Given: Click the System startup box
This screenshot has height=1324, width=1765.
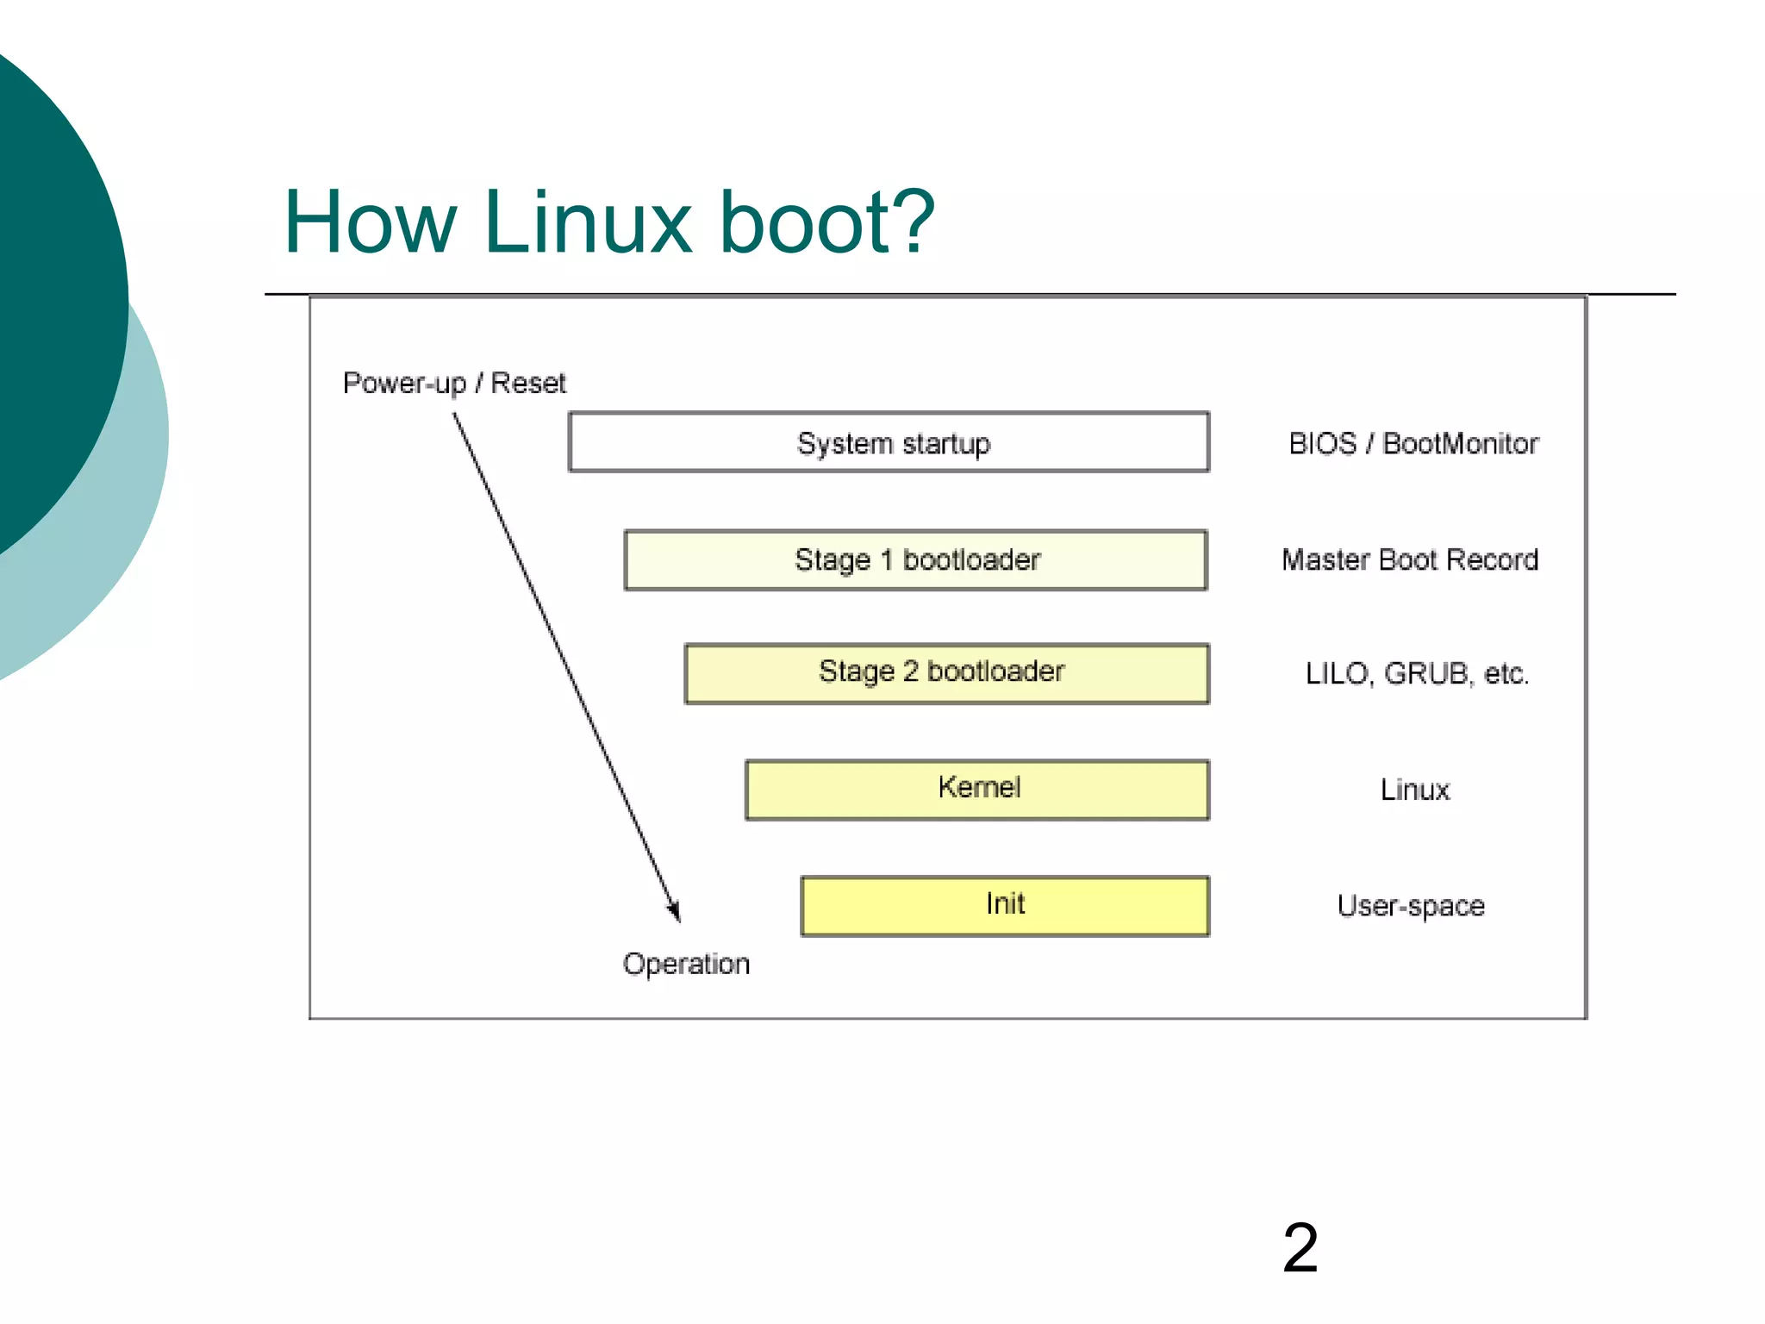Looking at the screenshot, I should point(889,442).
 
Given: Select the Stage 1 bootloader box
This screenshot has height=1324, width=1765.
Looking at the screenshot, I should point(915,560).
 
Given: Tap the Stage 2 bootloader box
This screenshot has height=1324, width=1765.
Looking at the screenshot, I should point(946,673).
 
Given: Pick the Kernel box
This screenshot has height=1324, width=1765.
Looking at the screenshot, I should point(976,789).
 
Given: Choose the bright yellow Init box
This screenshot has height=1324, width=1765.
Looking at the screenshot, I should point(1004,905).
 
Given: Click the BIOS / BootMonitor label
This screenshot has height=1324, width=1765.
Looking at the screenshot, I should point(1413,443).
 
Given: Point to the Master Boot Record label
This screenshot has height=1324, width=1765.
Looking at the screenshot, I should point(1409,559).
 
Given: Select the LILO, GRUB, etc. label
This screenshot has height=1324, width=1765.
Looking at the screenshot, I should point(1416,673).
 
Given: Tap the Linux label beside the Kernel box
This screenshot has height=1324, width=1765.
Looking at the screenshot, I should point(1414,790).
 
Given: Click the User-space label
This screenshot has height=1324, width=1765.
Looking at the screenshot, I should point(1411,906).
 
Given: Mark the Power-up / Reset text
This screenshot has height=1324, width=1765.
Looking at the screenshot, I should point(454,383).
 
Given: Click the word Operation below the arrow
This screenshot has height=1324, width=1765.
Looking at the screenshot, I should point(686,964).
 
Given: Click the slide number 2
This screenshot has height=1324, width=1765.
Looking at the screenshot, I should point(1300,1247).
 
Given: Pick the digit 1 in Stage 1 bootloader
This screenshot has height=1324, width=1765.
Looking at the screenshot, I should point(886,560).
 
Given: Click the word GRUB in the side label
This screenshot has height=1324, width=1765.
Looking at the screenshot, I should point(1426,673).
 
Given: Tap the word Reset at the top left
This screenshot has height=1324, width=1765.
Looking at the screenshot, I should point(527,383).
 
